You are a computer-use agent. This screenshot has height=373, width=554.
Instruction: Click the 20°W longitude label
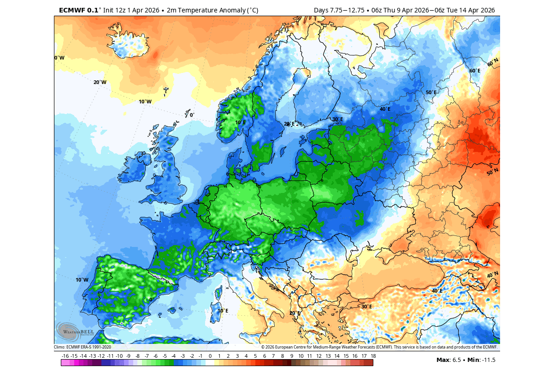[100, 82]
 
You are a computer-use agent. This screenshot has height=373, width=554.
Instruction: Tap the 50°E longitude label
[430, 92]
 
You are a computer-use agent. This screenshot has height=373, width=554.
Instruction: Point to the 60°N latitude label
[493, 63]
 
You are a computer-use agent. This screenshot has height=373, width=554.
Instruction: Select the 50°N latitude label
[492, 172]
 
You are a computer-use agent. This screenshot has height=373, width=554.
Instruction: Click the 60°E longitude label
[475, 71]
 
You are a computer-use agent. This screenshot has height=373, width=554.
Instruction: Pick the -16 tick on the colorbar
[65, 356]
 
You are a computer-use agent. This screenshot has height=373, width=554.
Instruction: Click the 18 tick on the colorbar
[373, 356]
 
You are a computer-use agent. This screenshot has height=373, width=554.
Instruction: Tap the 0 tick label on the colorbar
[210, 356]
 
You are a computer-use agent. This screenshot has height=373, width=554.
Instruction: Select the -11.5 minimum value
[488, 360]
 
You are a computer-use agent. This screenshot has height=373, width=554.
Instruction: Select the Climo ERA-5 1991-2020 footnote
[83, 347]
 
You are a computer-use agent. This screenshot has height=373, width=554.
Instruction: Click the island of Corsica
[219, 293]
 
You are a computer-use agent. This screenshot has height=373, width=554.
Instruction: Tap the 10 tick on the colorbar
[301, 356]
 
